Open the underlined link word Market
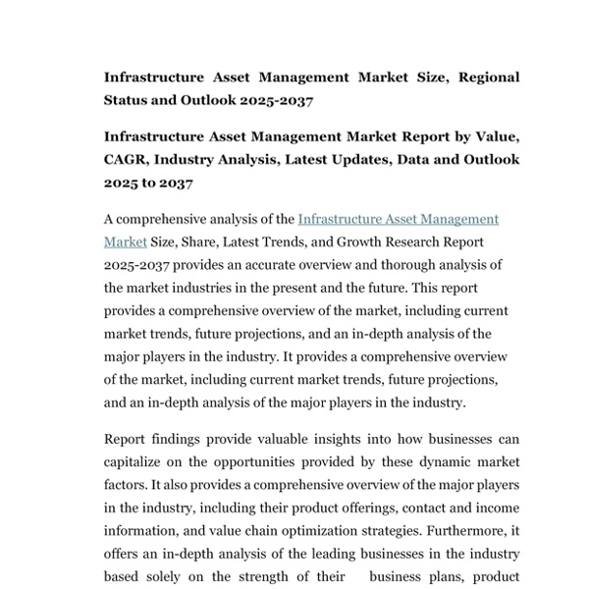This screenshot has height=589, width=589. pos(126,241)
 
